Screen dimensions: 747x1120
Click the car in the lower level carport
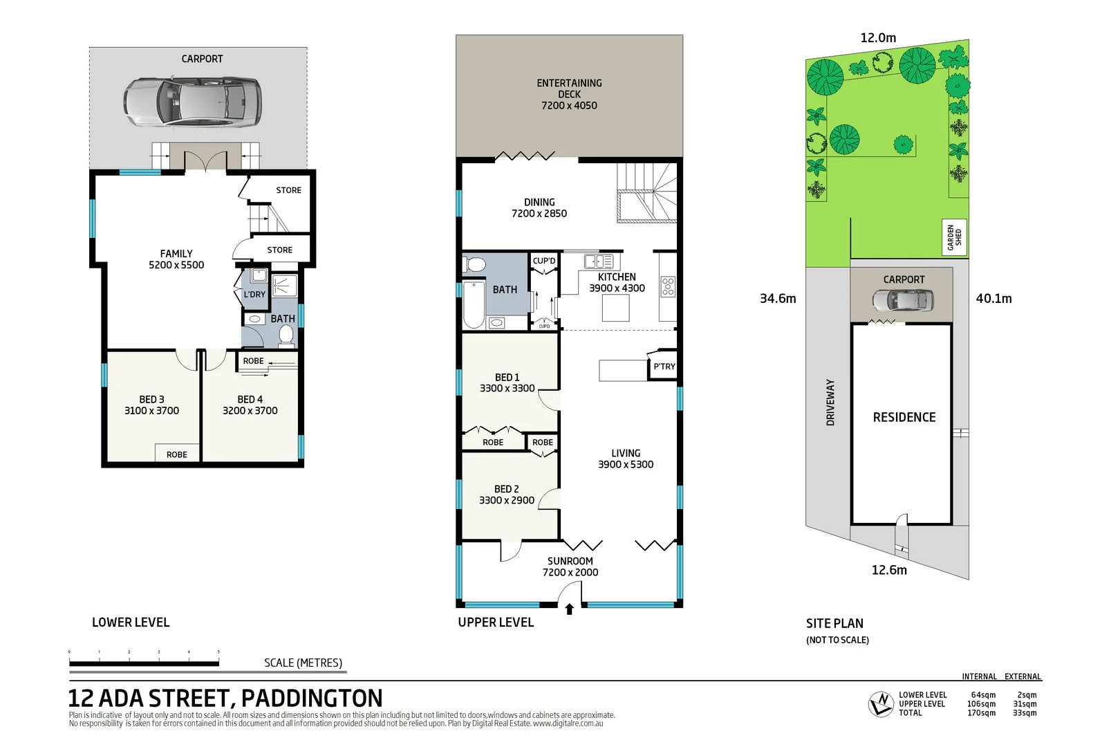point(193,102)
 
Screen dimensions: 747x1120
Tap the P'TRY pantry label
point(664,367)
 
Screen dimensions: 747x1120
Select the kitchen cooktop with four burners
point(668,286)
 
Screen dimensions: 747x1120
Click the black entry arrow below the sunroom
point(570,609)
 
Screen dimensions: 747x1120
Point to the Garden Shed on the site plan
point(954,237)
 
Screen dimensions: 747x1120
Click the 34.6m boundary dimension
point(778,299)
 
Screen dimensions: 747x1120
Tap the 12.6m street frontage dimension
point(889,570)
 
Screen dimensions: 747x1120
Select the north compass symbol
point(881,704)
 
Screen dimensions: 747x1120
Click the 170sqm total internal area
point(981,713)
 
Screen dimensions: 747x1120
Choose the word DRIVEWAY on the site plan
point(830,403)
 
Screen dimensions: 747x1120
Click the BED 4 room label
point(250,400)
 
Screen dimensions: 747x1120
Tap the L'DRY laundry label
point(254,295)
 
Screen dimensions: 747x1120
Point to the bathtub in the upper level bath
point(474,304)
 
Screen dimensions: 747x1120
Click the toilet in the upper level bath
point(475,264)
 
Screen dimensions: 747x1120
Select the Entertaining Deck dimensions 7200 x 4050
point(569,106)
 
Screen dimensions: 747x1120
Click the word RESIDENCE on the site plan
point(904,418)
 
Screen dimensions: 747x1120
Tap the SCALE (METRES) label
point(303,663)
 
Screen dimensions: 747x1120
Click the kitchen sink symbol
point(598,261)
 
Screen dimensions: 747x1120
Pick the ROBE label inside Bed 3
point(176,454)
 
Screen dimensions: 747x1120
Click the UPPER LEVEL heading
point(496,622)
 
